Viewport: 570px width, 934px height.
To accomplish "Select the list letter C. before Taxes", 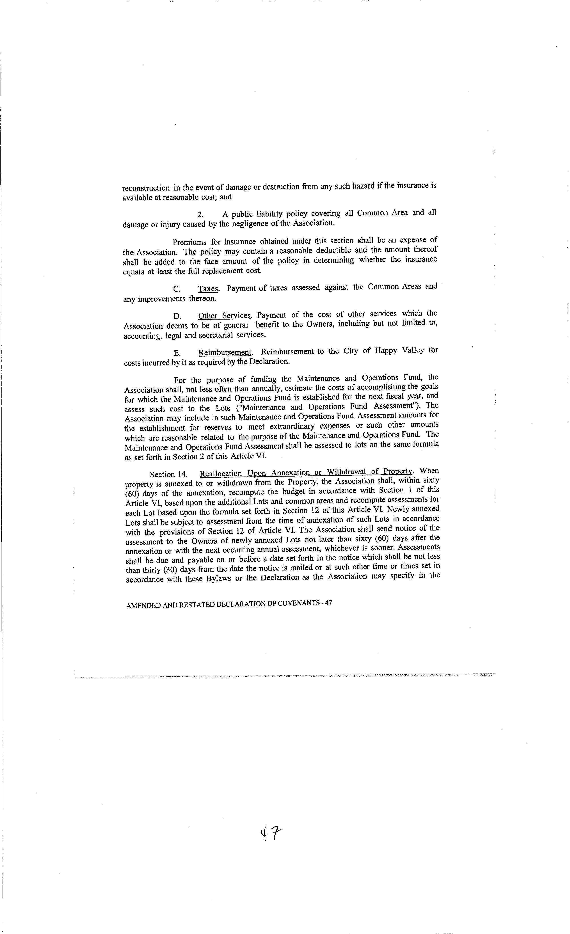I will [x=177, y=289].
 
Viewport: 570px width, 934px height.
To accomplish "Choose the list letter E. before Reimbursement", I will [x=177, y=353].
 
